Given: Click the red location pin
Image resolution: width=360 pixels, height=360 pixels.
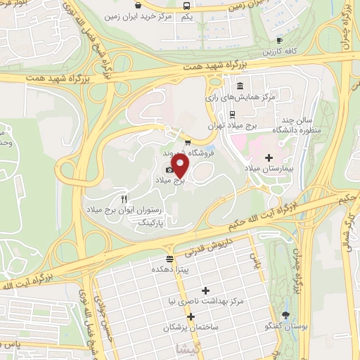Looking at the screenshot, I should tap(181, 166).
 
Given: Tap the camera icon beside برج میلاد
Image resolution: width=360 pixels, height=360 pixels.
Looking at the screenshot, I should tap(169, 169).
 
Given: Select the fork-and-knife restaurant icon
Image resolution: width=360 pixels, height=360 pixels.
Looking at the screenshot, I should tap(124, 179).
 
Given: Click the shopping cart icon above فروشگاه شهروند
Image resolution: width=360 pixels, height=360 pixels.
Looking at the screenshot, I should tap(186, 143).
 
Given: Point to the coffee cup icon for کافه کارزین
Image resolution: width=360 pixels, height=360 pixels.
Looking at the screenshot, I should tap(279, 41).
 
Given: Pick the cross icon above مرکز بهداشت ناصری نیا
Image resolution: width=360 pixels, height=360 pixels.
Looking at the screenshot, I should tap(205, 290).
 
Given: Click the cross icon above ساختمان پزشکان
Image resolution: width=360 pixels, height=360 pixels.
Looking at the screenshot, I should tap(191, 316).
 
